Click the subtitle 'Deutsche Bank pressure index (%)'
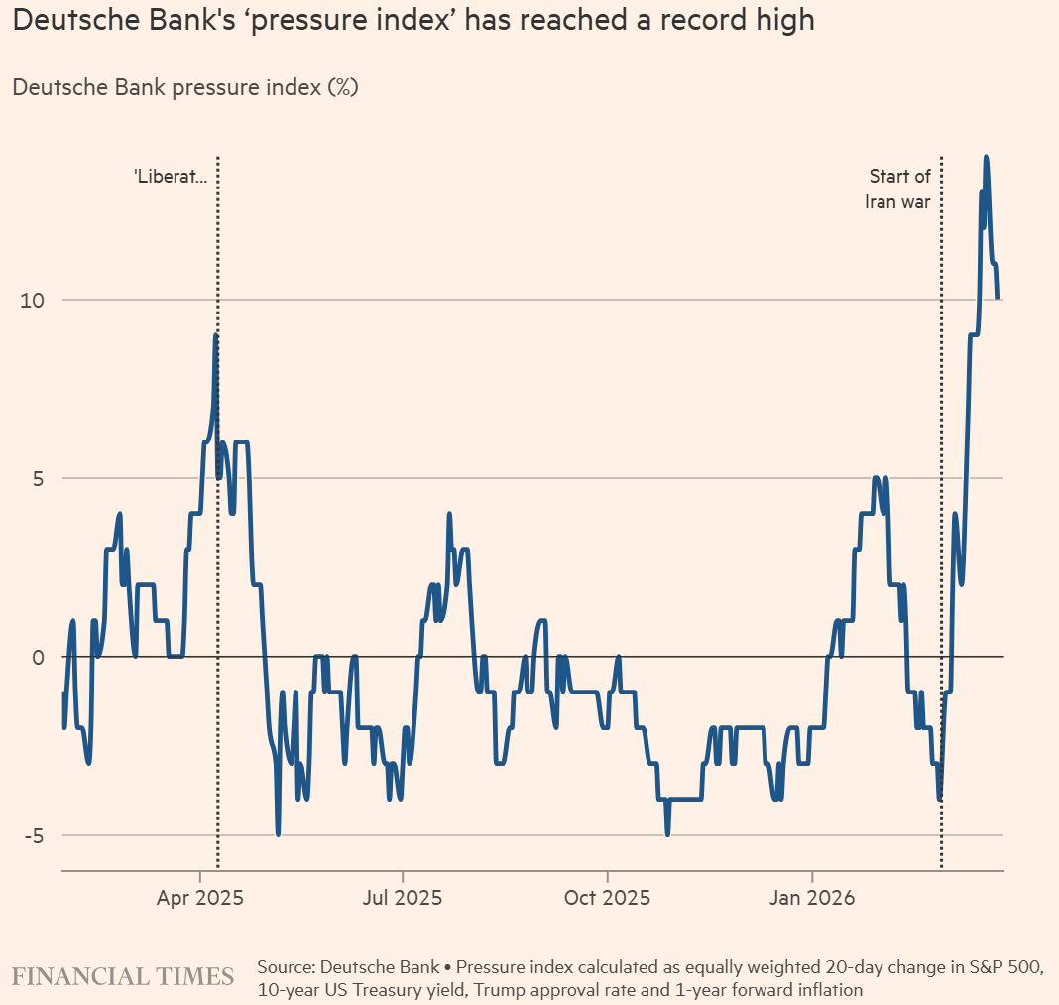[185, 88]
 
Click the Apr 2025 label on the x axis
[200, 899]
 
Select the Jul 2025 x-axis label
[403, 899]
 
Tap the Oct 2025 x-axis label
[607, 899]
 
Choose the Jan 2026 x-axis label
[812, 899]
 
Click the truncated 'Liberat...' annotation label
[172, 178]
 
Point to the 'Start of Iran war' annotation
[898, 188]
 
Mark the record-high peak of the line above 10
[986, 157]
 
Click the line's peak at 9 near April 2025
[215, 336]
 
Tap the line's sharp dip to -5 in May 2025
[278, 834]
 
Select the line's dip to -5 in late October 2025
[667, 834]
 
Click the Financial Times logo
[123, 976]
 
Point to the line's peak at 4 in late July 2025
[449, 515]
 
